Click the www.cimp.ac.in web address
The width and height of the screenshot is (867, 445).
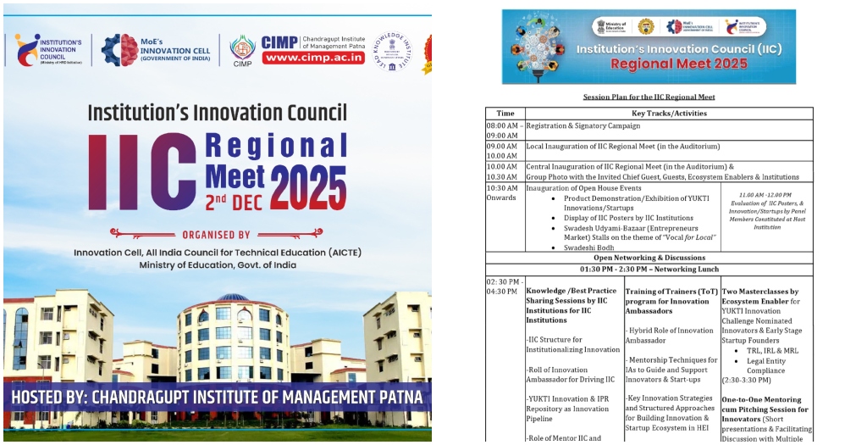313,58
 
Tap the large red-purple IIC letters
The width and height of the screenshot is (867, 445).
143,172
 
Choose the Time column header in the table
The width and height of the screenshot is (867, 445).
505,113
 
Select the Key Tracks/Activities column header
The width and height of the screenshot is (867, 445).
669,113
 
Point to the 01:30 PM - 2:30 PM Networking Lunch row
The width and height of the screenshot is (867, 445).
649,269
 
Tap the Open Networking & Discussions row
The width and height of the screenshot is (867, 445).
649,258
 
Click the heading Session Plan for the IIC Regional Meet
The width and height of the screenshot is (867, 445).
649,97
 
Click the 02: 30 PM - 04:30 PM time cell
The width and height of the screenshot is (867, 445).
505,286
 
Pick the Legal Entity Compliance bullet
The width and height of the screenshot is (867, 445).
765,365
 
